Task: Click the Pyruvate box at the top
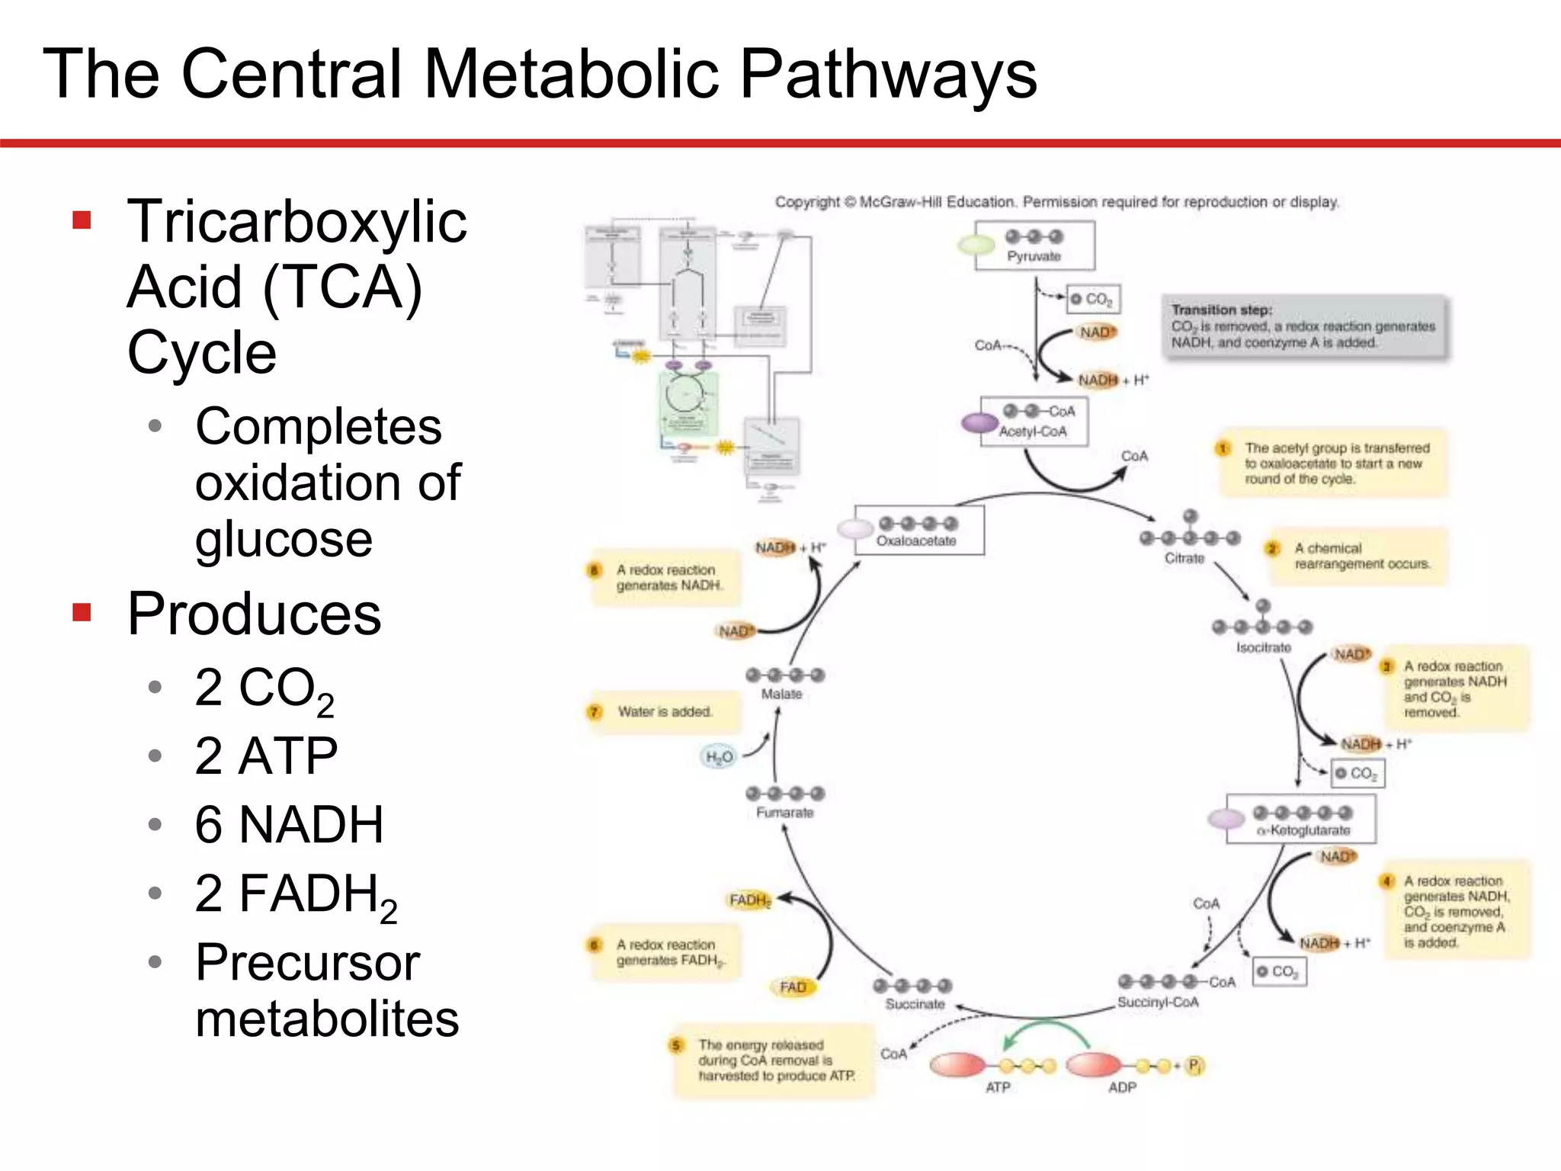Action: [x=1034, y=245]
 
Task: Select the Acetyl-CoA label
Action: [x=1033, y=432]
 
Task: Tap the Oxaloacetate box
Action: [x=918, y=531]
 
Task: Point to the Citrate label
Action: [x=1184, y=558]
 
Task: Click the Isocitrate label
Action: [x=1263, y=647]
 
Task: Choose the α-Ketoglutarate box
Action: [x=1301, y=819]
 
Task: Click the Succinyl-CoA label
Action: [x=1158, y=1002]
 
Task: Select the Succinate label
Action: [x=915, y=1004]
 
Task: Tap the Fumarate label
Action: [x=784, y=813]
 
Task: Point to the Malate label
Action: [x=781, y=694]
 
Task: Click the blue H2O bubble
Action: [x=719, y=756]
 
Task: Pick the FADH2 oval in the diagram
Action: [x=750, y=900]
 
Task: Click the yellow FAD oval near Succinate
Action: [x=793, y=987]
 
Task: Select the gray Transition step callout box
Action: [x=1303, y=326]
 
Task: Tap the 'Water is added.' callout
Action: [x=663, y=712]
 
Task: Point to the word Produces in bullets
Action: [x=254, y=614]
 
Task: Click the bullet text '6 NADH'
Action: [x=289, y=825]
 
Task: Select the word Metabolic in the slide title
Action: [x=571, y=74]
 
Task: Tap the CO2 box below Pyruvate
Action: [x=1093, y=300]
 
